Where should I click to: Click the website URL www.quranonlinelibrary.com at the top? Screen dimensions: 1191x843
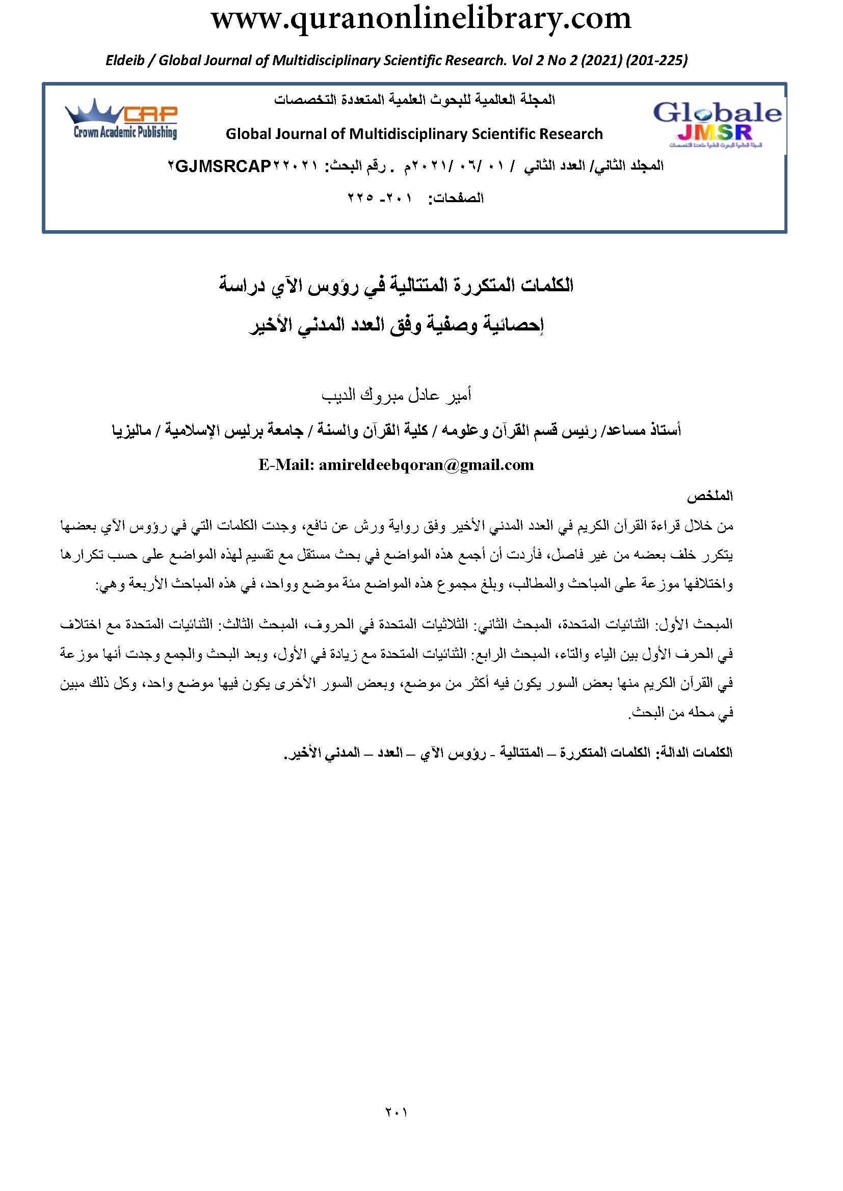[421, 20]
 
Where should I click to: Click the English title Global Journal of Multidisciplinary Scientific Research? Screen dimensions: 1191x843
[414, 134]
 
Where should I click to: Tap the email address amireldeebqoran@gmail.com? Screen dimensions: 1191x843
[426, 465]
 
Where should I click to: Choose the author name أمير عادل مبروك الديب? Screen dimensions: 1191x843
[396, 396]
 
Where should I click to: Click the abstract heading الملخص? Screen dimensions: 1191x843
[709, 496]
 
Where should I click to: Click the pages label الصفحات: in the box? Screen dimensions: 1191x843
[456, 198]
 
